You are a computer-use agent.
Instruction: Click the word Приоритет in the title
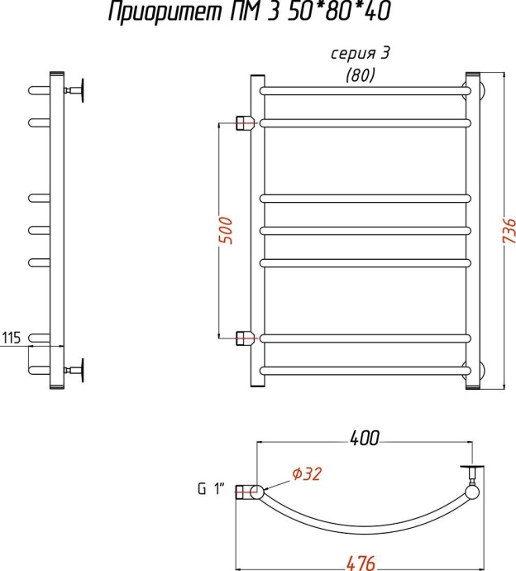[165, 12]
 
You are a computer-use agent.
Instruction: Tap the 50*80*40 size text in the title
[340, 11]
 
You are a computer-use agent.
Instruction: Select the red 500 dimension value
[226, 230]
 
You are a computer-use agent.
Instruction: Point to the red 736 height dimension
[509, 231]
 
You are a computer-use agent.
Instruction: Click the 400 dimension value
[365, 438]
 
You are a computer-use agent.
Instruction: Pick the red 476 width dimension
[361, 564]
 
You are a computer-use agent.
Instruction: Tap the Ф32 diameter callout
[307, 474]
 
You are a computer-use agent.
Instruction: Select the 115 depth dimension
[12, 338]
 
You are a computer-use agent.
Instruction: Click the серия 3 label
[360, 54]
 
